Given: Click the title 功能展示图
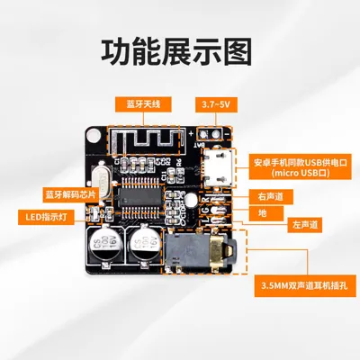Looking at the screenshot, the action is click(176, 52).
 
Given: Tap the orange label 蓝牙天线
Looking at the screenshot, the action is click(143, 104).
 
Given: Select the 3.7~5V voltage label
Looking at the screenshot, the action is click(216, 104).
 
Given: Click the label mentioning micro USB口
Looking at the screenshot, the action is click(301, 167).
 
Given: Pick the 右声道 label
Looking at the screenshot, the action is click(271, 197).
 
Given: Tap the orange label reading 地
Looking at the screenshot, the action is click(265, 213).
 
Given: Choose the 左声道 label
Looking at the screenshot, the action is click(305, 225).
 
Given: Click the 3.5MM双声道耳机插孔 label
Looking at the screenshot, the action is click(304, 285).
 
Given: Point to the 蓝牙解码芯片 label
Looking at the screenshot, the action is click(70, 194).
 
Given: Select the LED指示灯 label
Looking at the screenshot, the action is click(46, 217).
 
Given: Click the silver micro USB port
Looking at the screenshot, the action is click(218, 167).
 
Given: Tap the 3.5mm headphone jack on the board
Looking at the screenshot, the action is click(199, 251).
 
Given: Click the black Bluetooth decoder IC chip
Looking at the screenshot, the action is click(139, 197).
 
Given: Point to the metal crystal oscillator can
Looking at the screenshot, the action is click(101, 181).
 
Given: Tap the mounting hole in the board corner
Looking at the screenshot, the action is click(94, 135).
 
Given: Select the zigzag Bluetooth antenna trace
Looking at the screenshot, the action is click(145, 140).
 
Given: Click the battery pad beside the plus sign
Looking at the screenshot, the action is click(203, 135).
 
